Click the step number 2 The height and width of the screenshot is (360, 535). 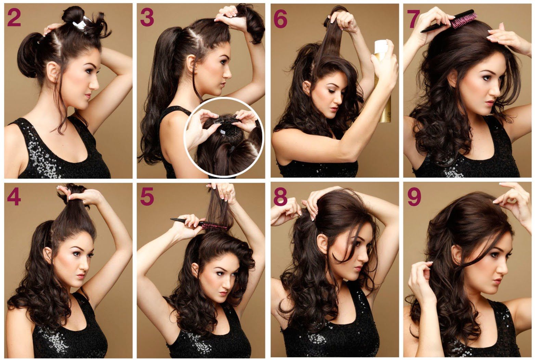tap(14, 18)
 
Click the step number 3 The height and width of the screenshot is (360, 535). tap(147, 18)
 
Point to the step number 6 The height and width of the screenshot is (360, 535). tap(280, 19)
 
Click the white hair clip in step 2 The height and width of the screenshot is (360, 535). tap(81, 23)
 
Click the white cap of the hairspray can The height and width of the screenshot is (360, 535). tap(381, 47)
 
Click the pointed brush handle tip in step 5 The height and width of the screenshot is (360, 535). tap(171, 219)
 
